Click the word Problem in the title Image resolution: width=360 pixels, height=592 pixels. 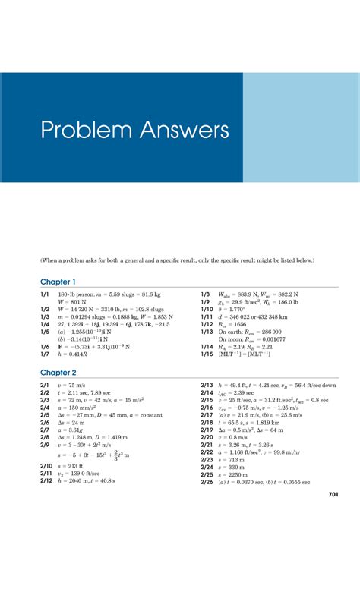coord(79,134)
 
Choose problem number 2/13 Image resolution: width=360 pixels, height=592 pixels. coord(207,386)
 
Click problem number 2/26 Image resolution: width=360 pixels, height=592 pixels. coord(207,482)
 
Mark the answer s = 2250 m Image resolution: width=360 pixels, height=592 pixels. coord(235,474)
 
